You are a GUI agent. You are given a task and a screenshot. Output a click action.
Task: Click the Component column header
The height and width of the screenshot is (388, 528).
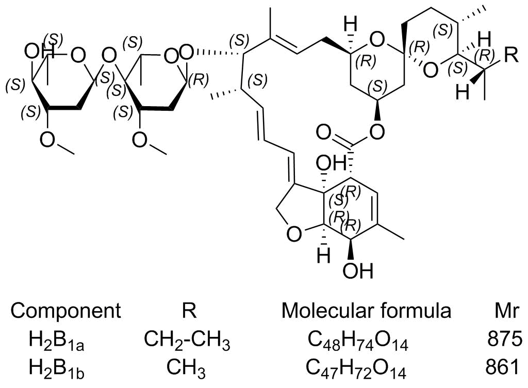(66, 311)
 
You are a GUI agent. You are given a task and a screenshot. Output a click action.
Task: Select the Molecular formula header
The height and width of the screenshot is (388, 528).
(366, 311)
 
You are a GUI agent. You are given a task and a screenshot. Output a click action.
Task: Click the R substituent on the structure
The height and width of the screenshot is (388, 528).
(509, 56)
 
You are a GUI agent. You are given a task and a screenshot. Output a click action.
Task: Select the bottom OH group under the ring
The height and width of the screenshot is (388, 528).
(357, 271)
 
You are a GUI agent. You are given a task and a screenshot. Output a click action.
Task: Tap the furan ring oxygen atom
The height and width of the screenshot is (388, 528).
(293, 235)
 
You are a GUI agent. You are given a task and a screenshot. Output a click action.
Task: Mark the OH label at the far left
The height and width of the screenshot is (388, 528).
(36, 52)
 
